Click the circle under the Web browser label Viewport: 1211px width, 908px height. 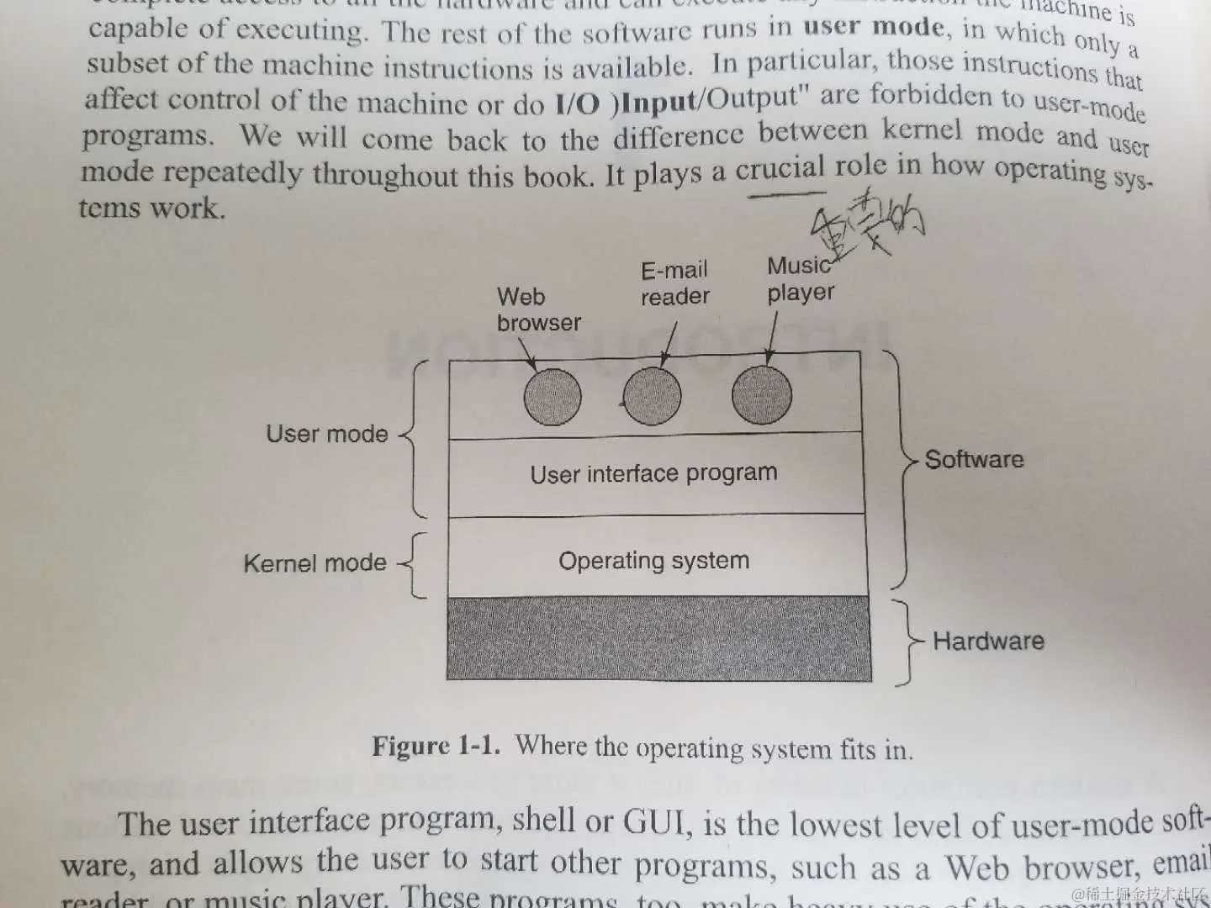(552, 397)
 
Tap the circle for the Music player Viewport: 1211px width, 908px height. (762, 393)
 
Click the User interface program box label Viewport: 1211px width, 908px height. (653, 473)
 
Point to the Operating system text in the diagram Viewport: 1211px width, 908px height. (653, 560)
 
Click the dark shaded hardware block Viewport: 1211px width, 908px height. (658, 639)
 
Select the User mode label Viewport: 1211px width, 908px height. (327, 434)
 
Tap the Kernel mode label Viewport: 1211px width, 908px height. (315, 562)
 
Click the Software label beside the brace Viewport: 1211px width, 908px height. (974, 459)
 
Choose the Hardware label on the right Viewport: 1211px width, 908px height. (988, 641)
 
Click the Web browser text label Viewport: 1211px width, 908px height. (538, 309)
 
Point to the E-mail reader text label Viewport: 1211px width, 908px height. (674, 283)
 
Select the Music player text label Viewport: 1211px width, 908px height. (800, 279)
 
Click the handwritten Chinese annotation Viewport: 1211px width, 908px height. (866, 221)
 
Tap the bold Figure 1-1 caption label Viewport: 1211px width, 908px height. (436, 746)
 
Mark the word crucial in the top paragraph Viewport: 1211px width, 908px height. (780, 169)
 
